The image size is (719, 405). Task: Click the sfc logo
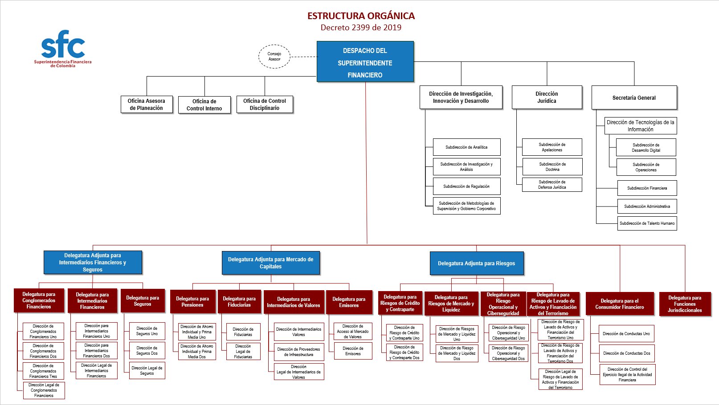coord(63,48)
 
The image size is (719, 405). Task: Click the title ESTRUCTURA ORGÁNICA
coord(361,16)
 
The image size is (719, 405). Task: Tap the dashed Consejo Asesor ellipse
coord(274,57)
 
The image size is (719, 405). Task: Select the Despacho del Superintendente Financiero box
coord(365,62)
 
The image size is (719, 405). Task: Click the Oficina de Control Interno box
coord(204,105)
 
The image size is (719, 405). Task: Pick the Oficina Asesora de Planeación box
coord(147,104)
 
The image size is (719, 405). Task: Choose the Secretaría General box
coord(634,97)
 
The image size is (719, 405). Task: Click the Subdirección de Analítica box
coord(466,147)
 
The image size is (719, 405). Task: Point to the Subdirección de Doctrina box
coord(552,166)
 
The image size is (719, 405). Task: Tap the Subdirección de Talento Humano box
coord(647,223)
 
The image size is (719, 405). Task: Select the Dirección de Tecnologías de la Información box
coord(640,126)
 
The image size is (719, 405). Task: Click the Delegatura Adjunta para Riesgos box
coord(476,263)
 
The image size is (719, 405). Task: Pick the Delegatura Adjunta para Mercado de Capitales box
coord(271,263)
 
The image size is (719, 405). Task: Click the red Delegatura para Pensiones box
coord(192,302)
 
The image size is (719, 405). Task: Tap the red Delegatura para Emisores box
coord(349,302)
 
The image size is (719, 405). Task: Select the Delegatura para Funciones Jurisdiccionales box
coord(684,304)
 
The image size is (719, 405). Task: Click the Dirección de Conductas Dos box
coord(626,353)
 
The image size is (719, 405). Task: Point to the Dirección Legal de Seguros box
coord(147,370)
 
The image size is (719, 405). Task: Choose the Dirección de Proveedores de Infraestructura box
coord(298,352)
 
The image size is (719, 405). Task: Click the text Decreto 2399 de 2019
coord(361,28)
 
